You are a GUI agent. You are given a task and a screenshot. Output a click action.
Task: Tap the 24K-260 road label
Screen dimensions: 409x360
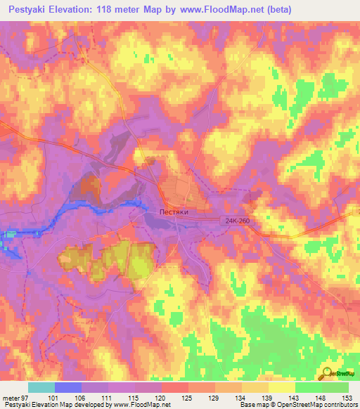238,221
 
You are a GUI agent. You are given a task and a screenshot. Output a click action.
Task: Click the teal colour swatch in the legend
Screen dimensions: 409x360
41,387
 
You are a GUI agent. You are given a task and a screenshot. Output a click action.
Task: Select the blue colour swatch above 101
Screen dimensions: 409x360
68,387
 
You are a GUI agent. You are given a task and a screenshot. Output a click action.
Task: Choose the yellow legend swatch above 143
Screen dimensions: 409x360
281,387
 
